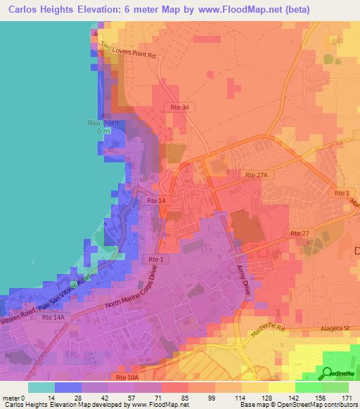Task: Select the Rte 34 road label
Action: (180, 107)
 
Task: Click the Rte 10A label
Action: (121, 377)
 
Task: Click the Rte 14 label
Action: (156, 201)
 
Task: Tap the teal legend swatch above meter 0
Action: (41, 387)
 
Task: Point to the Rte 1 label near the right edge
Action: (342, 193)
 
